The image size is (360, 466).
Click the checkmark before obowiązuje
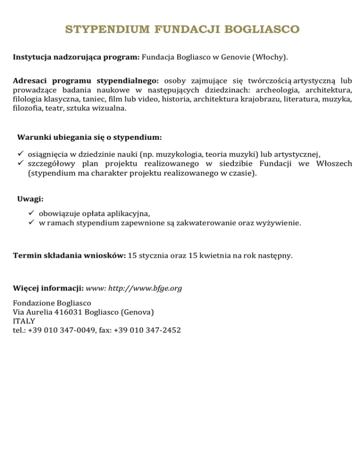(31, 215)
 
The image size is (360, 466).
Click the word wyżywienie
(278, 223)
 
